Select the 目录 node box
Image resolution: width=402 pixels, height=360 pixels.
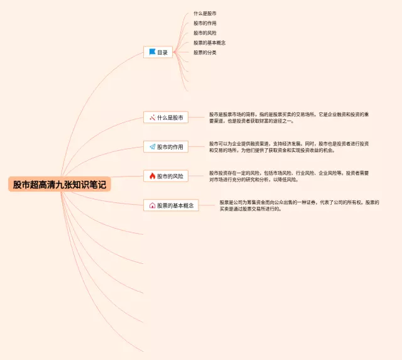tap(158, 53)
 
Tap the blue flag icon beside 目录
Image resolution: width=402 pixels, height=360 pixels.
tap(151, 53)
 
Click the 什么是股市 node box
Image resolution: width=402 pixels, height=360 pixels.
tap(166, 117)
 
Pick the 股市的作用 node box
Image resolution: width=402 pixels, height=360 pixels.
tap(166, 147)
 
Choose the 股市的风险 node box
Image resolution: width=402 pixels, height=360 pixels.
tap(166, 176)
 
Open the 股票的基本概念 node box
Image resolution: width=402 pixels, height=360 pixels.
tap(171, 205)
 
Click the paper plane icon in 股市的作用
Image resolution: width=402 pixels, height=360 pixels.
tap(152, 147)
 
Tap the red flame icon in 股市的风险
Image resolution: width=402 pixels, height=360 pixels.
tap(152, 176)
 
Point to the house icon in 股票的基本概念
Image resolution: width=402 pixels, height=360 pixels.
tap(152, 205)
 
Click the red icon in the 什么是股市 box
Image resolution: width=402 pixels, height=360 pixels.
tap(152, 117)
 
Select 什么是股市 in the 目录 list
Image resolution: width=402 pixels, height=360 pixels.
tap(205, 13)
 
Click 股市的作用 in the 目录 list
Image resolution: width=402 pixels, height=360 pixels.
tap(205, 23)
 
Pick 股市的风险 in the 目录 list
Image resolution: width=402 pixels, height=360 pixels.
tap(205, 33)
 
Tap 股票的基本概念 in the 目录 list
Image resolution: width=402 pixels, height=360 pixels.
tap(209, 43)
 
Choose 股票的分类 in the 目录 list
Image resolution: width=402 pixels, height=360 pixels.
tap(205, 53)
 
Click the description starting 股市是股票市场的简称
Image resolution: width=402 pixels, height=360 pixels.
tap(288, 117)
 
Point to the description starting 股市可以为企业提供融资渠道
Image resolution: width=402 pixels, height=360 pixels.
tap(288, 146)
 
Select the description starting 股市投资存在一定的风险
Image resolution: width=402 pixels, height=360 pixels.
tap(288, 176)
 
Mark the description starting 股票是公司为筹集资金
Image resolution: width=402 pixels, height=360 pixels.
tap(299, 205)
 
